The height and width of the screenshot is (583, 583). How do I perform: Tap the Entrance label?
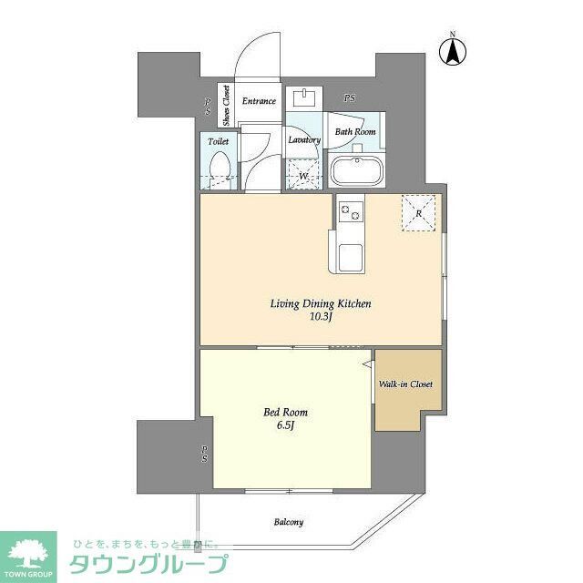[259, 101]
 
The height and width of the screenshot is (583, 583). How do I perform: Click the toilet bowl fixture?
[219, 169]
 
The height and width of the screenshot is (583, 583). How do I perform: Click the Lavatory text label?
[303, 139]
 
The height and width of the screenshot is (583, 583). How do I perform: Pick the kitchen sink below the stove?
[350, 254]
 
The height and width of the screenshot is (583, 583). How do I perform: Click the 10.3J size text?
[319, 318]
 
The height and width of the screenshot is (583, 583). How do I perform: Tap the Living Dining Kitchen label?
[319, 303]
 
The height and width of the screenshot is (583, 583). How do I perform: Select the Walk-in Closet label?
[405, 384]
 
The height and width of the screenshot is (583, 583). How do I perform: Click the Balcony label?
[288, 522]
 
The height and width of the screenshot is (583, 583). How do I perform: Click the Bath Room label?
[354, 132]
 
